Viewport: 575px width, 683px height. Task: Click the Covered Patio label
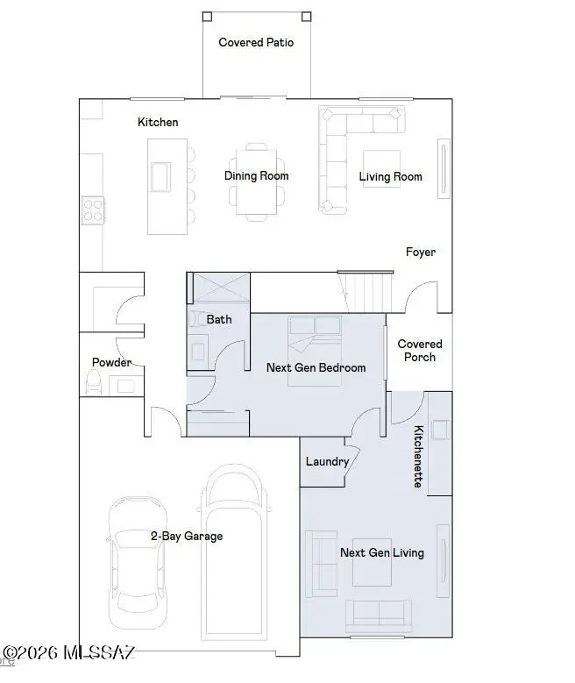pyautogui.click(x=256, y=42)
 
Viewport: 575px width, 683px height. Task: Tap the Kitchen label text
pyautogui.click(x=158, y=122)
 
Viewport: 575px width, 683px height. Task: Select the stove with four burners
pyautogui.click(x=93, y=209)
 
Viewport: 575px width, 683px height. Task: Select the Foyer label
pyautogui.click(x=421, y=253)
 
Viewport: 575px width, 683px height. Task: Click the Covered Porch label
pyautogui.click(x=420, y=351)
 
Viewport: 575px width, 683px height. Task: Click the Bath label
pyautogui.click(x=219, y=319)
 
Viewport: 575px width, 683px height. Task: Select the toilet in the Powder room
pyautogui.click(x=94, y=381)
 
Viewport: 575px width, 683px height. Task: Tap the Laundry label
pyautogui.click(x=327, y=461)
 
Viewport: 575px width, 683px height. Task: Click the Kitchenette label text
pyautogui.click(x=420, y=456)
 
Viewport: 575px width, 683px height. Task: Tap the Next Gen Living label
pyautogui.click(x=381, y=552)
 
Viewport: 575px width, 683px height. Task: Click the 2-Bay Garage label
pyautogui.click(x=187, y=536)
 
